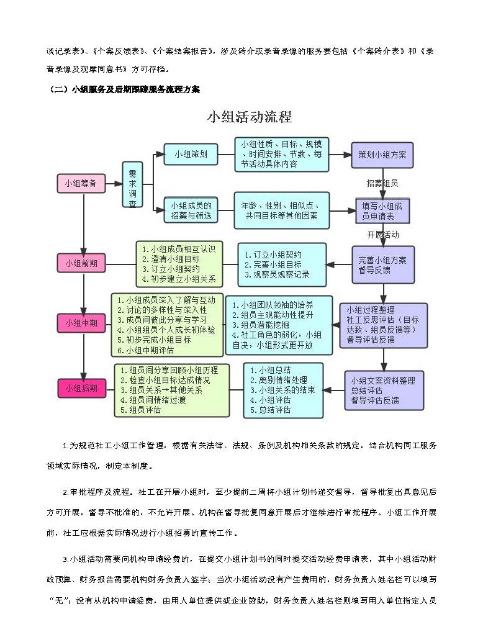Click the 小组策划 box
tap(191, 154)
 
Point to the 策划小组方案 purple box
tap(381, 155)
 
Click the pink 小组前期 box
tap(82, 263)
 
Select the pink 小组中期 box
tap(82, 323)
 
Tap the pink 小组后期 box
tap(82, 388)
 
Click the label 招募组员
tap(382, 183)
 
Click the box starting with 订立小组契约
tap(282, 264)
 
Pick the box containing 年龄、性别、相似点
tap(281, 210)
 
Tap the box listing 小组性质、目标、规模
tap(281, 154)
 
